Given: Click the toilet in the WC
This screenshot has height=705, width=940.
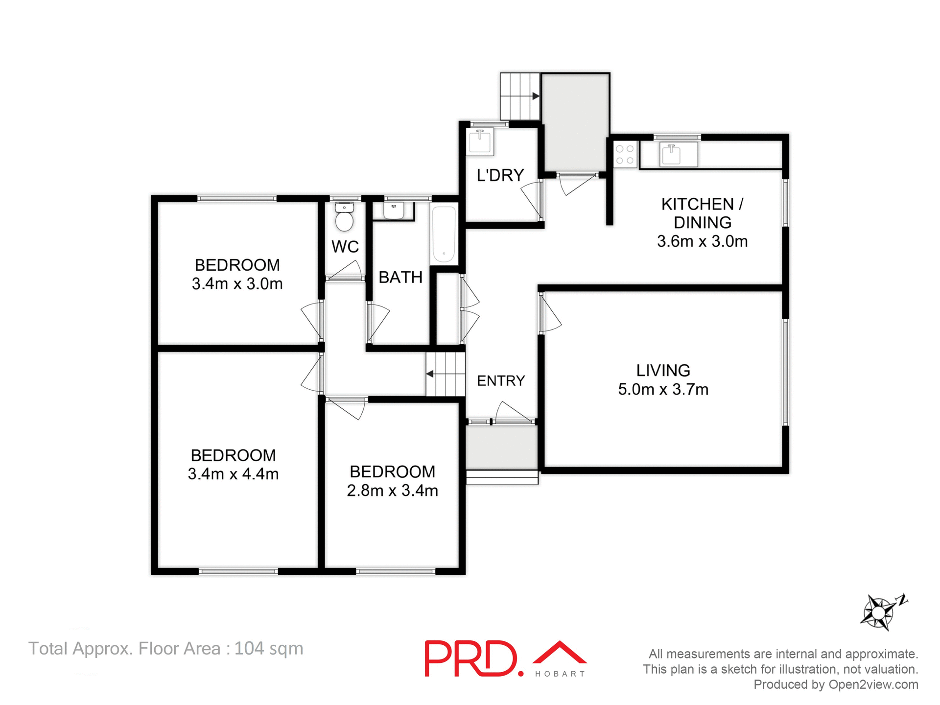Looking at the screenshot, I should tap(345, 218).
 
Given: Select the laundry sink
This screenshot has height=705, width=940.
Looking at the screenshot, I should tap(480, 142).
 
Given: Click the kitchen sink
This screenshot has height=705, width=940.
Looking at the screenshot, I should tap(671, 155).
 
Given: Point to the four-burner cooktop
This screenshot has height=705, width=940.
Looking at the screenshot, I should tap(625, 154).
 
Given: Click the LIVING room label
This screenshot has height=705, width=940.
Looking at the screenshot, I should tap(663, 371).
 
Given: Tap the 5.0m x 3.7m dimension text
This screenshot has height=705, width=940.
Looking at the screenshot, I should tap(663, 390).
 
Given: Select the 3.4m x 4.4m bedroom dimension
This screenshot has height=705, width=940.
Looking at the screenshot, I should tap(233, 474).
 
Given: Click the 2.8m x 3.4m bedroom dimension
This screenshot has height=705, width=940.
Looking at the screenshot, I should tap(392, 491).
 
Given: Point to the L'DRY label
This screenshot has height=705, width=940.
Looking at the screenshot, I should tap(500, 175).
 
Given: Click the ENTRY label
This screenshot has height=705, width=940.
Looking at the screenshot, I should tap(500, 381).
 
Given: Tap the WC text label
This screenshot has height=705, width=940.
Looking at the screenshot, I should tap(345, 247).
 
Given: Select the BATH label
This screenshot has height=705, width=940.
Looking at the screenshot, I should tap(400, 278).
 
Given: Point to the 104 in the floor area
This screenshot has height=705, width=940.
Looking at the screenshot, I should tap(249, 649).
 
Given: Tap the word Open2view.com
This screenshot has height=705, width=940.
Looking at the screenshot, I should tap(873, 684).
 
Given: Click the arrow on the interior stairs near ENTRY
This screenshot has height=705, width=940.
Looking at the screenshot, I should tap(430, 374).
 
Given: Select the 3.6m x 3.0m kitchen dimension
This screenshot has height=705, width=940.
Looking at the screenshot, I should tap(702, 241).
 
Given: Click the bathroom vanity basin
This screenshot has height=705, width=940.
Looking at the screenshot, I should tap(393, 210).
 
